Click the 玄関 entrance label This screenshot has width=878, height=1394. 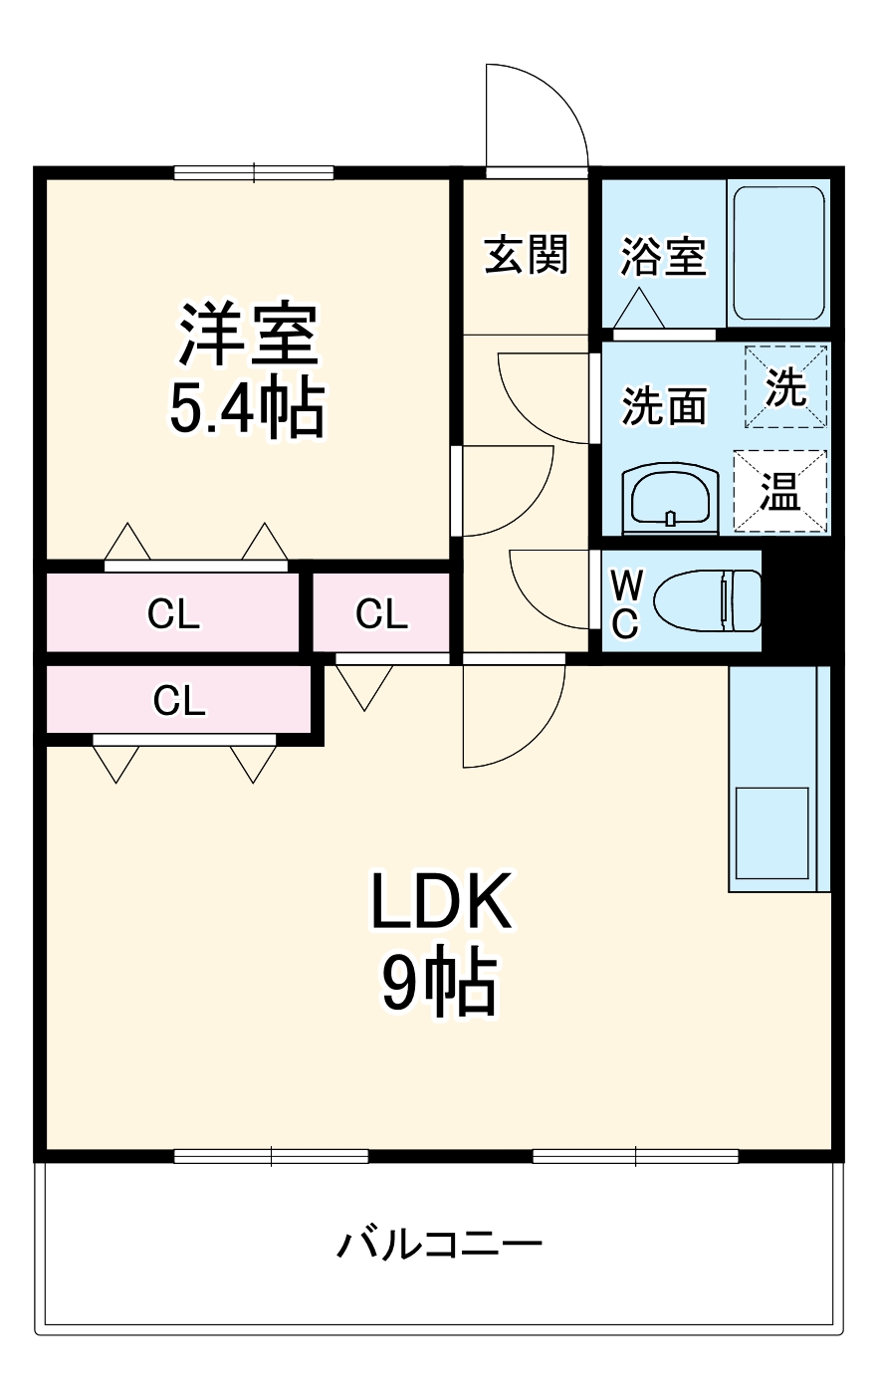[526, 255]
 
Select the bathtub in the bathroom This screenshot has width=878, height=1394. [778, 252]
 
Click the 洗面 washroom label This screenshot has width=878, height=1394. [664, 406]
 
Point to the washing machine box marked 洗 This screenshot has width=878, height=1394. [786, 387]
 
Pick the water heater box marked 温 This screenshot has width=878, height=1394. [780, 491]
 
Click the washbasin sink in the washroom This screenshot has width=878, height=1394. [669, 496]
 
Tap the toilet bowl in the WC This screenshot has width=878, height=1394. [707, 600]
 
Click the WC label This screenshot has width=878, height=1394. [624, 602]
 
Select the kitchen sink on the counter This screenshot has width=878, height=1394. [771, 832]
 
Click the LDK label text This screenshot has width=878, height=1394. [441, 901]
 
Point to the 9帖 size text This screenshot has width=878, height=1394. [439, 985]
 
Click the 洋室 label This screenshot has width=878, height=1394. [248, 334]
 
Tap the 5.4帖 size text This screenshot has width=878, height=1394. [248, 408]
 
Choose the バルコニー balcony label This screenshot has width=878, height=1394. [439, 1244]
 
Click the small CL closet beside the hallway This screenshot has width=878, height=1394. [381, 613]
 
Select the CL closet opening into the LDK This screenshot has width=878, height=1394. [179, 700]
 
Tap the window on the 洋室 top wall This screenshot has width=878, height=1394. [254, 172]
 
